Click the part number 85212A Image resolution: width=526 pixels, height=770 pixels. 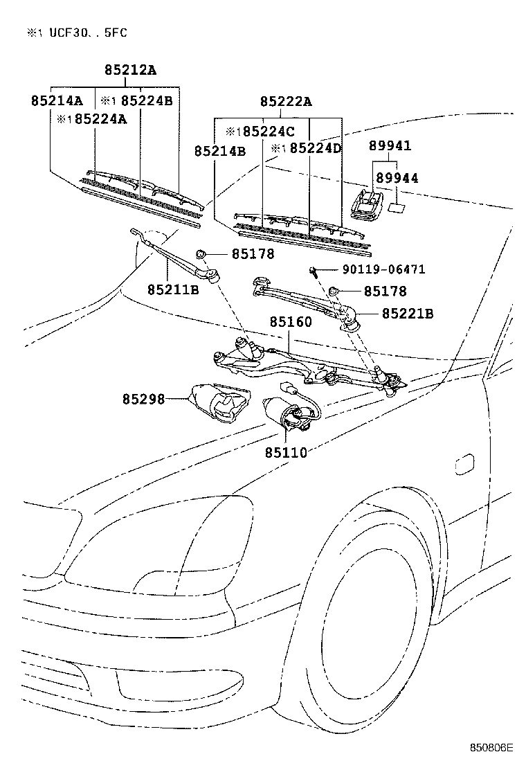[x=131, y=70]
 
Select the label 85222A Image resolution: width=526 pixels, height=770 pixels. [x=286, y=102]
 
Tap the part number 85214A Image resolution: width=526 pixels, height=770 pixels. [x=57, y=100]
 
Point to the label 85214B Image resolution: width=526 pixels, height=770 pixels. [x=220, y=150]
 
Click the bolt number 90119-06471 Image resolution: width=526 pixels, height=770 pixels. [x=383, y=269]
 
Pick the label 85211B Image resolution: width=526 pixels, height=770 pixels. [x=173, y=289]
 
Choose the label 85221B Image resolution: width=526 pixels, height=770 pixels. [x=408, y=314]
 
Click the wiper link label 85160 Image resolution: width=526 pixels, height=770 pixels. [x=291, y=322]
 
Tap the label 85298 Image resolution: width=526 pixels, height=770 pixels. [x=144, y=400]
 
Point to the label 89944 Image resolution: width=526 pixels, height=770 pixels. [x=397, y=179]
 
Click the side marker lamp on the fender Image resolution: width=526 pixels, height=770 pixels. [x=465, y=465]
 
